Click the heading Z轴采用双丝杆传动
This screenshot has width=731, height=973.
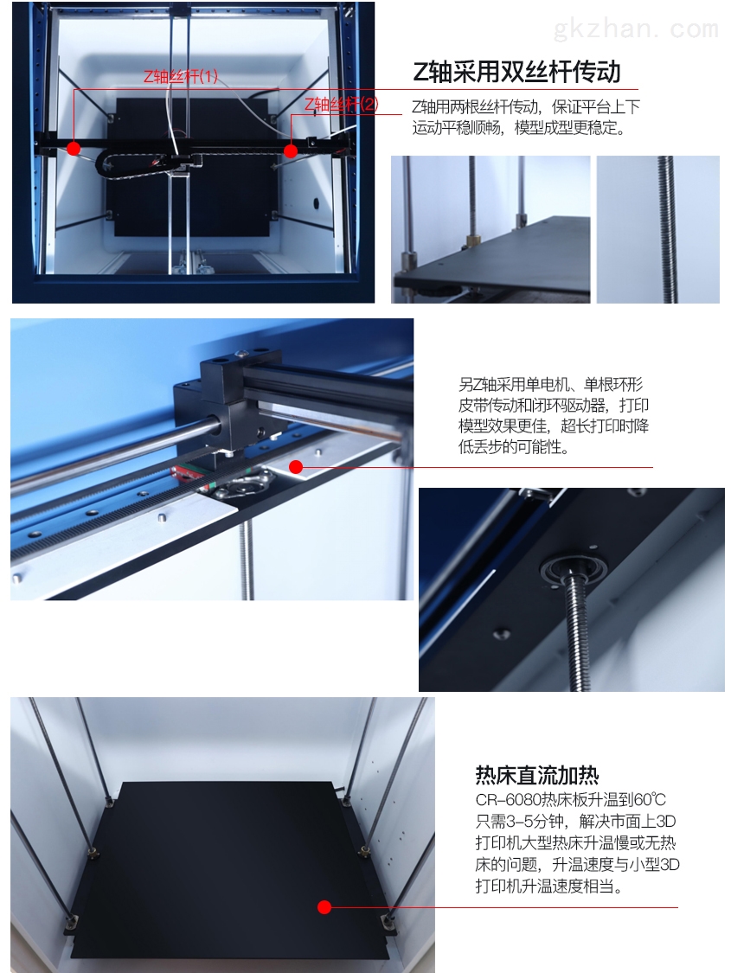[517, 73]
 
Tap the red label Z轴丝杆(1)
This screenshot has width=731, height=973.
[181, 76]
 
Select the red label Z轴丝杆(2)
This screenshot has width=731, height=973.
[341, 105]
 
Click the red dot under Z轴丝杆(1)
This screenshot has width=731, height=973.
[74, 149]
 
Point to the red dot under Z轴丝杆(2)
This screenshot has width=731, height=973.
[291, 150]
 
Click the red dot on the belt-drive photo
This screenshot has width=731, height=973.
[296, 467]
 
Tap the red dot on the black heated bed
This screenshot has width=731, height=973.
[324, 907]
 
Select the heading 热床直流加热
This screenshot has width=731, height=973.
[536, 775]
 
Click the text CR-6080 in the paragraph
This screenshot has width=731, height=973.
[508, 800]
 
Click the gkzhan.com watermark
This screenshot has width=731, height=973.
[636, 29]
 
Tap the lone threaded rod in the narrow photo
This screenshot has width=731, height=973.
[668, 229]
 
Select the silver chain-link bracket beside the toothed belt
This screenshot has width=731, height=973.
[240, 485]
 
